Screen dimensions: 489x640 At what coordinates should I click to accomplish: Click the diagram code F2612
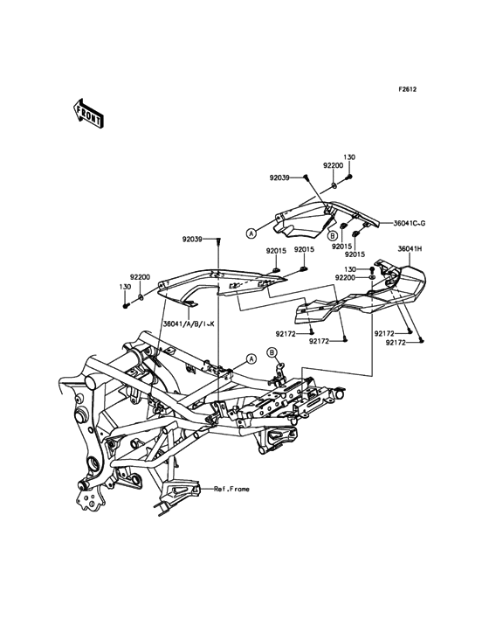point(407,89)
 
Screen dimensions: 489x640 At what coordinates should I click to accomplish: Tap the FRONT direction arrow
point(86,113)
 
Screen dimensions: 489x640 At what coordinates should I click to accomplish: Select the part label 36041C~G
point(410,223)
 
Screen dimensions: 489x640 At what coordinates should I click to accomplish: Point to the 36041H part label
point(408,248)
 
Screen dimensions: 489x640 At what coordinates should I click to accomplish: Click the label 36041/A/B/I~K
point(189,323)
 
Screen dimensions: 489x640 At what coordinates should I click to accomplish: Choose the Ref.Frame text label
point(232,489)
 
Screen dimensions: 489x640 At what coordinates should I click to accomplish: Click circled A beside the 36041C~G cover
point(251,233)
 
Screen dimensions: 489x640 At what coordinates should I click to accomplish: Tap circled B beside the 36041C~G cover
point(332,235)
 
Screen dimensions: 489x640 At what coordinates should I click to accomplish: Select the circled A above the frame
point(251,358)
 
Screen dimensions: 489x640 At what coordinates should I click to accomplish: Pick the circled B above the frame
point(272,352)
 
